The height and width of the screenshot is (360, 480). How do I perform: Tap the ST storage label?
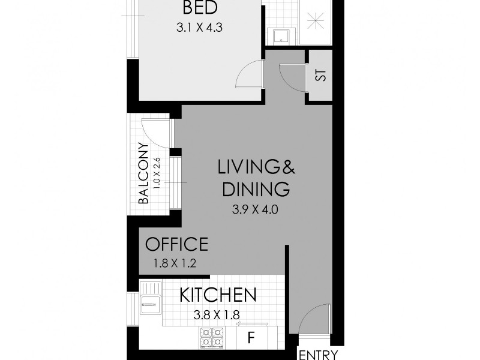click(x=320, y=76)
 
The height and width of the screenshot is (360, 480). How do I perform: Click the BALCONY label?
click(x=143, y=173)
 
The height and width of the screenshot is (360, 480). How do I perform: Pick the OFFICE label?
click(x=176, y=244)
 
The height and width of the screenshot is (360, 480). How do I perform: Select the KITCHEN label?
click(x=218, y=295)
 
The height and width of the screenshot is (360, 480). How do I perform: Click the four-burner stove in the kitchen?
click(x=211, y=337)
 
